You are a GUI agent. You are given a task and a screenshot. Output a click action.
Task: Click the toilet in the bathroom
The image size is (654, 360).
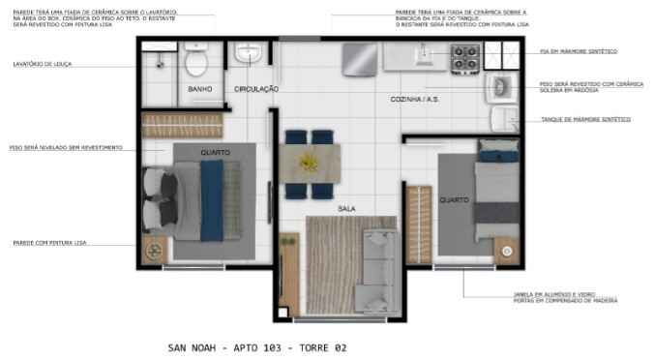point(197,61)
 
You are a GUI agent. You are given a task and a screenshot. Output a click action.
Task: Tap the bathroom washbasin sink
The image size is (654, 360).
point(248,52)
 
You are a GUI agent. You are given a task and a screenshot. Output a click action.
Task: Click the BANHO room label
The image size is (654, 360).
point(200,89)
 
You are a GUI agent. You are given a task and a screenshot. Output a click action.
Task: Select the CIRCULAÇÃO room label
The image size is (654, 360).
point(256,89)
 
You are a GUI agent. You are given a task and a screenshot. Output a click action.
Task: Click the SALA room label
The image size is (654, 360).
point(346,208)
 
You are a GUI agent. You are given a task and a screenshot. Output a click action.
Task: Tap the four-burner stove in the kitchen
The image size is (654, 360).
point(466,58)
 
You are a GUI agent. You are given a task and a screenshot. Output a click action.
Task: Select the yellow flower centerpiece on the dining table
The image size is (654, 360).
point(310,160)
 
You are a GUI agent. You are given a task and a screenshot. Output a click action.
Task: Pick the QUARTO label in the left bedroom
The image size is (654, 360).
point(215,152)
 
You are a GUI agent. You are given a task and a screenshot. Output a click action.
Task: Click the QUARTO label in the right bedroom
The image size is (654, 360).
point(455,200)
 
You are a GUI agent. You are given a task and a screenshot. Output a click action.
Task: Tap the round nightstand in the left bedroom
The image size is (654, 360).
point(154,251)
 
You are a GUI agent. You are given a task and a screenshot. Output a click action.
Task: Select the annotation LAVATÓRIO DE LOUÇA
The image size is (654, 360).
point(43,64)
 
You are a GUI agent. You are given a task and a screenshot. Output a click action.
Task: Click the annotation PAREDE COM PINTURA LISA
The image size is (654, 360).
point(48,243)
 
